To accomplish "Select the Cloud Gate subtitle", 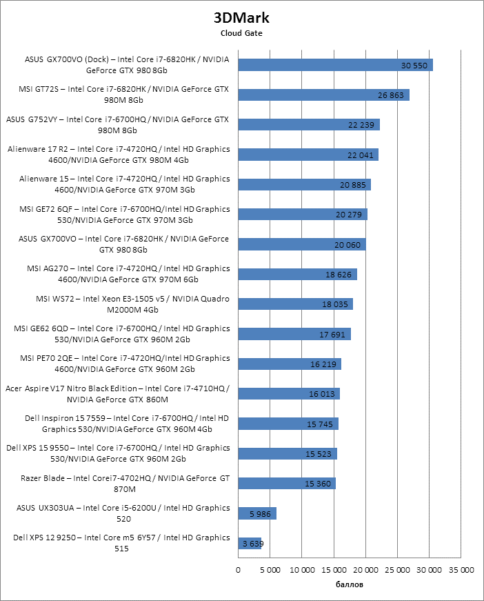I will (x=241, y=33).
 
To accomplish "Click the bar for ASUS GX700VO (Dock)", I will (x=335, y=65).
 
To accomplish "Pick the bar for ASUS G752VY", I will (x=309, y=124).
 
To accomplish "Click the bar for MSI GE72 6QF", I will (x=303, y=215).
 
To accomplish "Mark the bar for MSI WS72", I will (x=295, y=304).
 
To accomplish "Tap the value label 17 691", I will (x=332, y=335).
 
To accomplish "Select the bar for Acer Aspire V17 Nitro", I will (x=289, y=394).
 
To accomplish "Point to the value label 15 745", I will (x=320, y=424).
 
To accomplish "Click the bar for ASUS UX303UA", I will (x=257, y=513).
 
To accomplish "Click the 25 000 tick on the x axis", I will (x=398, y=570).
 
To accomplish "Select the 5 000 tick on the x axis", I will (x=270, y=570).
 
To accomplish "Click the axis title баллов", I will (x=350, y=584).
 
